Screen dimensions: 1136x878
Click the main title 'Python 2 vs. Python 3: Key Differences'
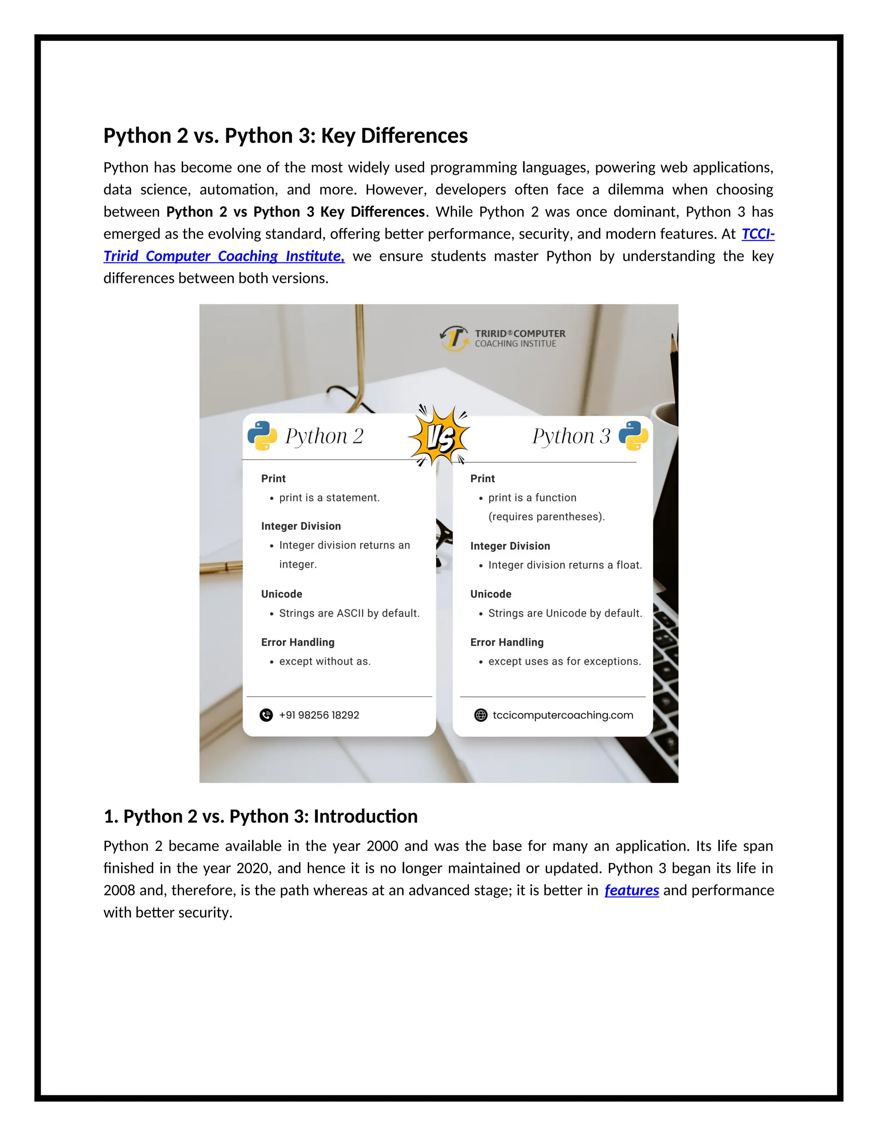tap(285, 136)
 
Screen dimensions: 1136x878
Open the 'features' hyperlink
tap(631, 890)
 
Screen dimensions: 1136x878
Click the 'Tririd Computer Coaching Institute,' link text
tap(224, 256)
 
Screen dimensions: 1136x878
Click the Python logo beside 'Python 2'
tap(262, 436)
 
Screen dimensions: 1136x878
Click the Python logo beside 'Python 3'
tap(633, 436)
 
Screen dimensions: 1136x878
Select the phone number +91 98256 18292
tap(319, 715)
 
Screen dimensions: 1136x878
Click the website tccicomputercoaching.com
tap(563, 715)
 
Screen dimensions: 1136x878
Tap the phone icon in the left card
tap(266, 715)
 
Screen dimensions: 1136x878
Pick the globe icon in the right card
tap(481, 715)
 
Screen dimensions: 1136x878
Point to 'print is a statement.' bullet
tap(329, 498)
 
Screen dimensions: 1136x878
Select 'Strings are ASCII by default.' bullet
tap(349, 613)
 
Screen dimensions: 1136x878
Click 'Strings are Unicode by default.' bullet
tap(565, 613)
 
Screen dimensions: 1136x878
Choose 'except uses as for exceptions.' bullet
tap(564, 661)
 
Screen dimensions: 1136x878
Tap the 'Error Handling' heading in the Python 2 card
tap(298, 643)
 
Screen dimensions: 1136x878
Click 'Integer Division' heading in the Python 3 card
tap(510, 546)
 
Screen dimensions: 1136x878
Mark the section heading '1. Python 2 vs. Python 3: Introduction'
tap(260, 817)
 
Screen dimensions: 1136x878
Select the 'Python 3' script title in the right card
tap(571, 436)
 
